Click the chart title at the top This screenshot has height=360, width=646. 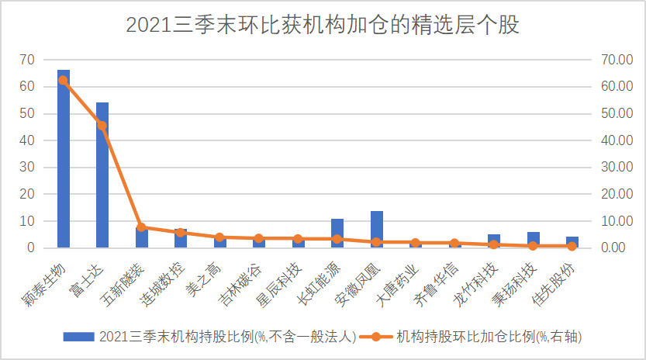pos(323,25)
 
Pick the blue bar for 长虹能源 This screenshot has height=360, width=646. pos(337,234)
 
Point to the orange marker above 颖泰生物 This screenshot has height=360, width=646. pos(64,80)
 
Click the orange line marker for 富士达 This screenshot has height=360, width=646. pos(102,125)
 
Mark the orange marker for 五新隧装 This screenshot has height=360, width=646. pos(141,227)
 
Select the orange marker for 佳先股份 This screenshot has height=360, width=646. pos(572,246)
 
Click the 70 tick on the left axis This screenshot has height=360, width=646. pos(27,60)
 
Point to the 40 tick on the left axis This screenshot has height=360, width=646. pos(27,140)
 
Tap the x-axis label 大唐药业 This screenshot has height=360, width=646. pos(399,282)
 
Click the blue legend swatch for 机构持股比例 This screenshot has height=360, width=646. pos(78,337)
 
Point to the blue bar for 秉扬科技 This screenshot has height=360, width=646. pos(534,240)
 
